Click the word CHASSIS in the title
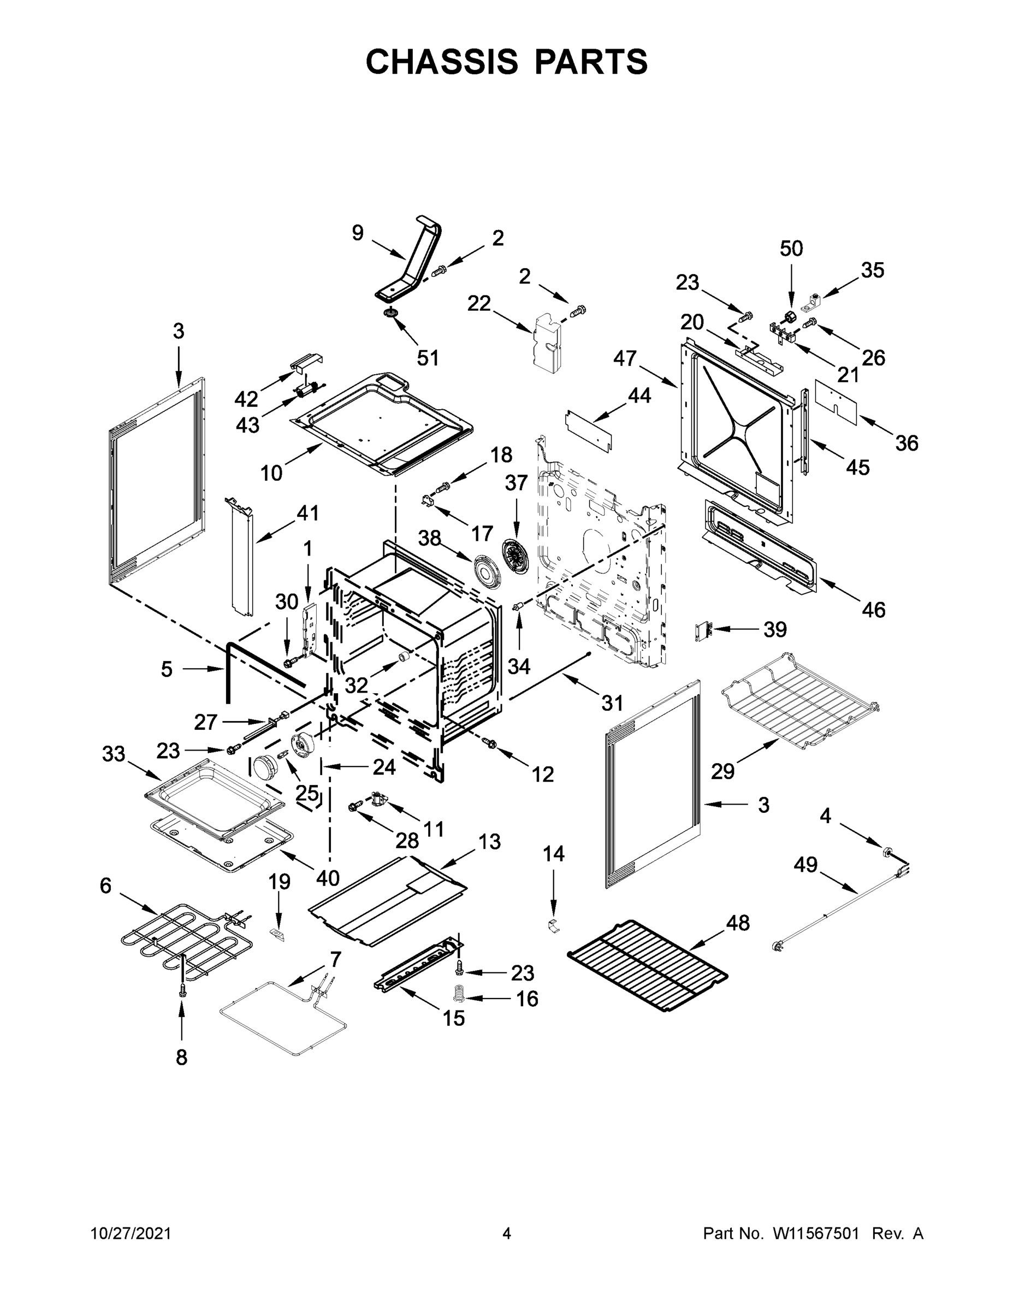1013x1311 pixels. [442, 62]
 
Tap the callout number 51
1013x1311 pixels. [428, 358]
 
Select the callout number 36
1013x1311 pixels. [907, 443]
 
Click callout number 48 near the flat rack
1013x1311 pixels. [738, 923]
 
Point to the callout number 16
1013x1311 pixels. [527, 999]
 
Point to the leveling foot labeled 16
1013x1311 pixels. [459, 994]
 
